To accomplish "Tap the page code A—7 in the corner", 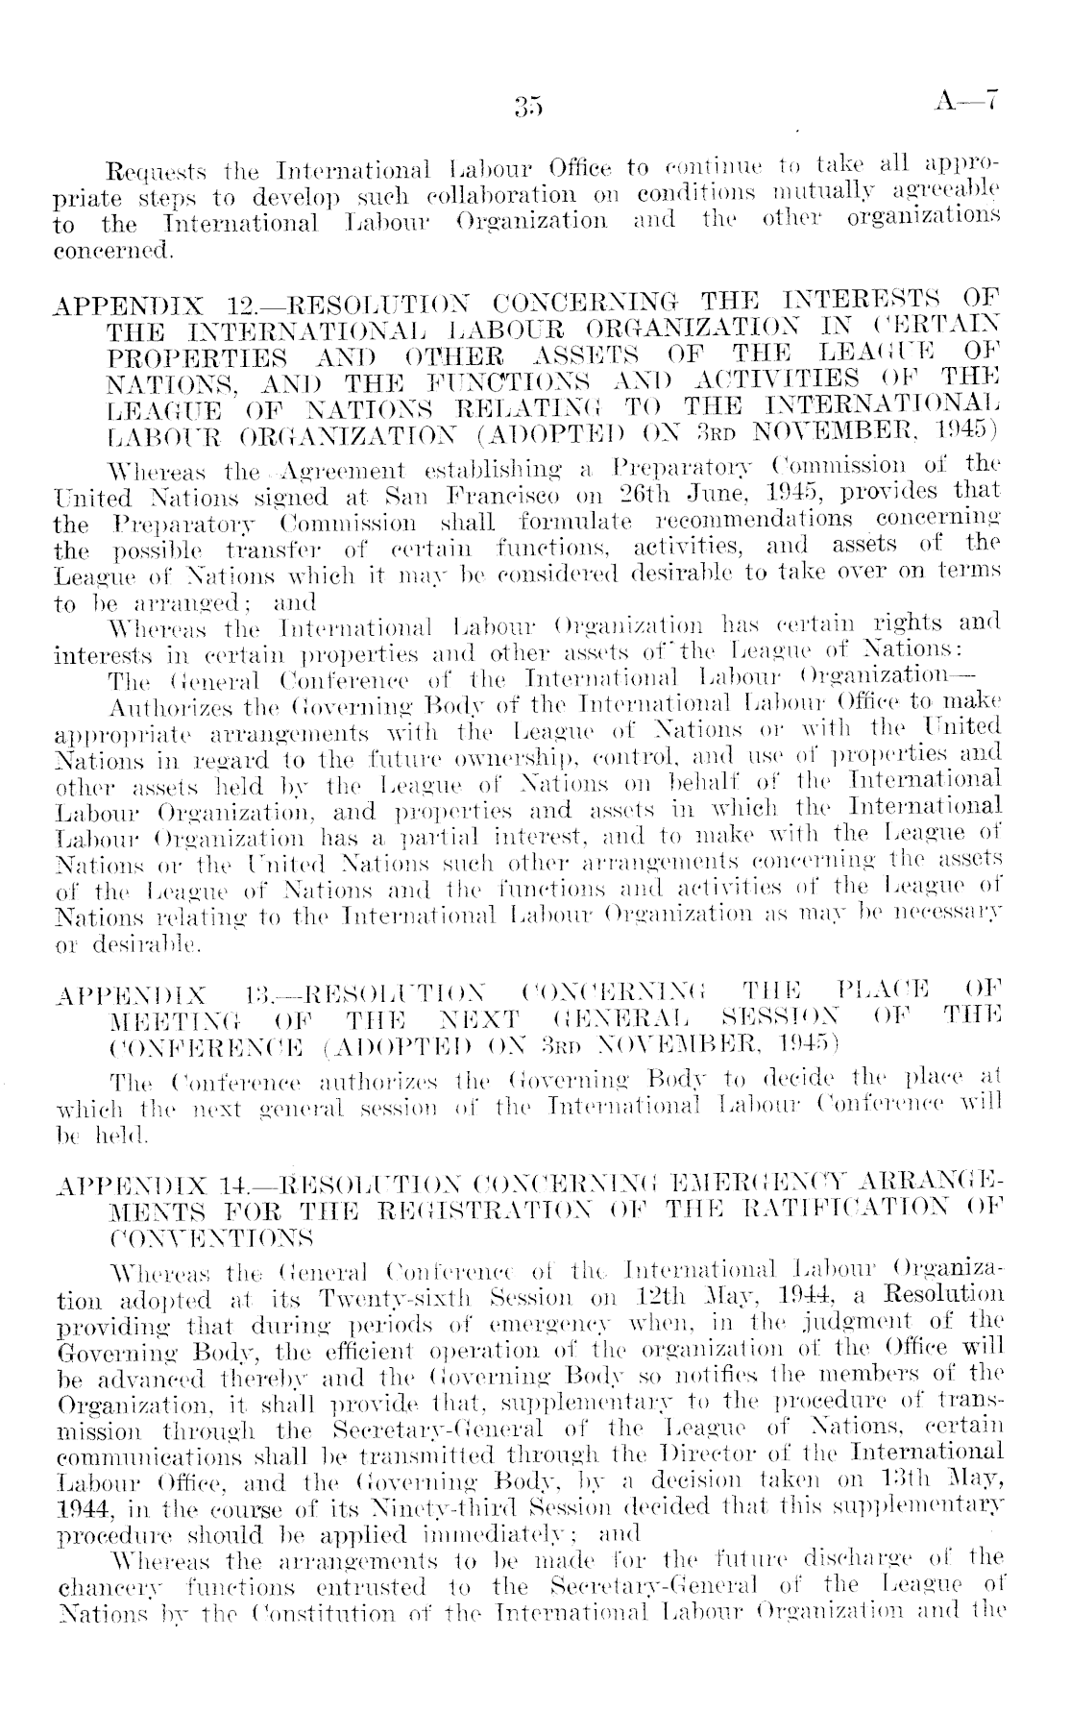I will point(967,100).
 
